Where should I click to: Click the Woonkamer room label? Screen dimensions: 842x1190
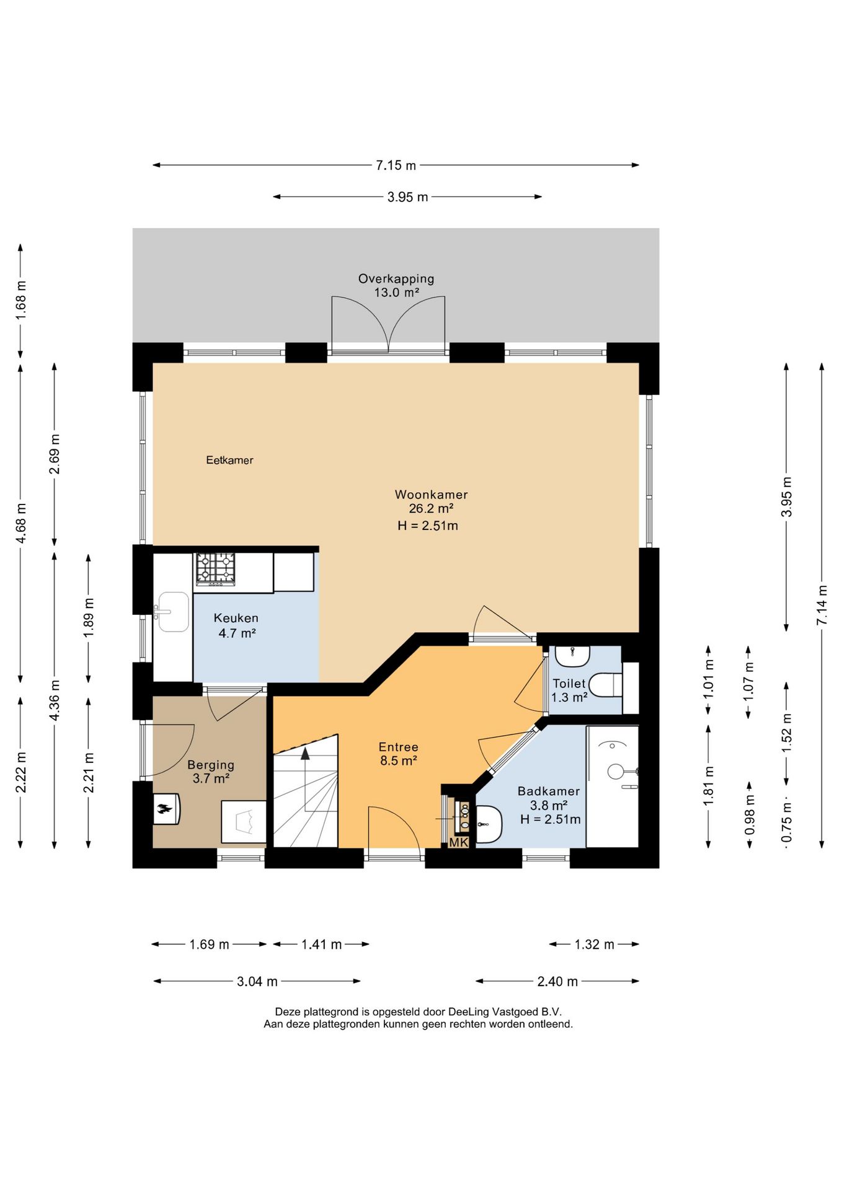point(432,495)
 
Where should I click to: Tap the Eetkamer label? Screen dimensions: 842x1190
point(229,460)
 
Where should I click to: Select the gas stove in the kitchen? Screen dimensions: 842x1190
point(216,568)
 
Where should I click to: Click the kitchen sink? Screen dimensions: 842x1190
point(173,612)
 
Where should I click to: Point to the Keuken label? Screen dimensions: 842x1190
point(236,618)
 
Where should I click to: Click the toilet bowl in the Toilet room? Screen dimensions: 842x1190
point(605,685)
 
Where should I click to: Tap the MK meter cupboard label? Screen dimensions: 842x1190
point(458,842)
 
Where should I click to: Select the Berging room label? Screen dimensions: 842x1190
point(211,765)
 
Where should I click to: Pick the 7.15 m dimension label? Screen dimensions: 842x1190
point(396,165)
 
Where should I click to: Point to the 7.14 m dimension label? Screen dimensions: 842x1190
point(822,605)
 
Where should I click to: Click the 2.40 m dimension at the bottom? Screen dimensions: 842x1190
point(557,981)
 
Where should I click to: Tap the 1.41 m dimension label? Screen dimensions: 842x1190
point(321,944)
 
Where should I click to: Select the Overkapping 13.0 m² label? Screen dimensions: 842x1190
point(396,285)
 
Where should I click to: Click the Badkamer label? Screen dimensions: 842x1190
point(549,791)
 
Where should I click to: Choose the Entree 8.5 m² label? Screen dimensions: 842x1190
point(399,754)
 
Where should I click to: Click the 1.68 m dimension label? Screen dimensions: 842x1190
point(21,300)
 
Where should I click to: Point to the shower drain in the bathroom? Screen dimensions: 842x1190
point(616,771)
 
